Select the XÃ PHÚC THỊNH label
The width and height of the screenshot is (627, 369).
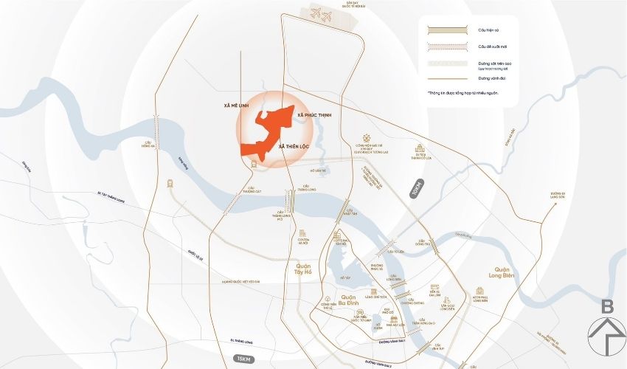315,116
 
